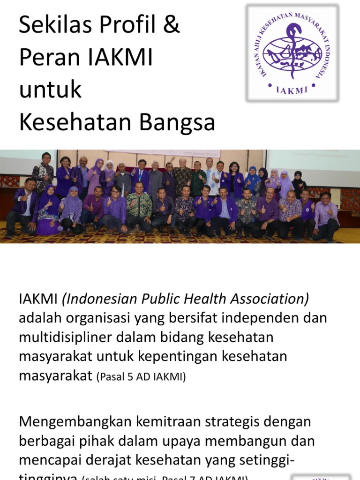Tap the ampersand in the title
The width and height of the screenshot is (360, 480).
point(170,26)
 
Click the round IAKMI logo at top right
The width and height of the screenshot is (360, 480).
point(292,52)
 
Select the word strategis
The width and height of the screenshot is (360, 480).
point(234,421)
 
